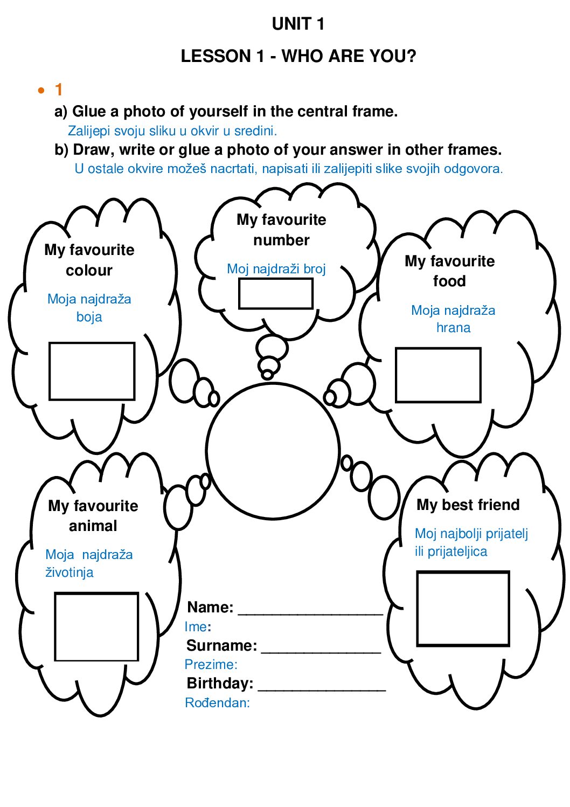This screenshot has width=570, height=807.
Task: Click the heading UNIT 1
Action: click(298, 24)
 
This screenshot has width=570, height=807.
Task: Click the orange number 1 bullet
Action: click(59, 89)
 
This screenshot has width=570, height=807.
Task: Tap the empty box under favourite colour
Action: click(92, 371)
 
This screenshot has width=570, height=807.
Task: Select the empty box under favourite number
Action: click(276, 294)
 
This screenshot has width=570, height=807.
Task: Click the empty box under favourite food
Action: click(438, 375)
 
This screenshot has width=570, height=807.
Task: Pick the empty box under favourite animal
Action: click(96, 626)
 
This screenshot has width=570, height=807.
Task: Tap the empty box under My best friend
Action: click(463, 609)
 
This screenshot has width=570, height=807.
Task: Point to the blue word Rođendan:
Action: click(217, 703)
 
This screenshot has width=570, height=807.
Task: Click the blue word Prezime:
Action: click(211, 665)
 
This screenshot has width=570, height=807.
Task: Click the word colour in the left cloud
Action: click(89, 270)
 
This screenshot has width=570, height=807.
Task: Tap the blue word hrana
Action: click(453, 328)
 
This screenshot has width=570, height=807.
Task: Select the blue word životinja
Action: click(69, 573)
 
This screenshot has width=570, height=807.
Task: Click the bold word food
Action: click(449, 281)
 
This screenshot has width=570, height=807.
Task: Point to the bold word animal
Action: click(93, 526)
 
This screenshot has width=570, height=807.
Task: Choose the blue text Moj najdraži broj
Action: click(276, 268)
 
